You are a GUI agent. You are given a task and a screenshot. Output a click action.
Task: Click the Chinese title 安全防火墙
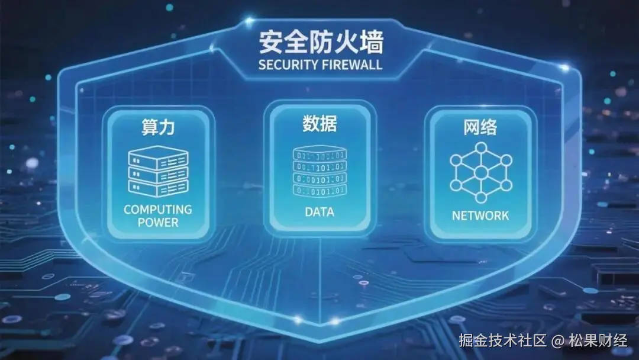click(x=321, y=43)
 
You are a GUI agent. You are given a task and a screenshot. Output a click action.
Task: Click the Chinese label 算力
click(x=158, y=127)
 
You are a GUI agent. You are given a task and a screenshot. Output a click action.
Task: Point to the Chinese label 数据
click(x=319, y=124)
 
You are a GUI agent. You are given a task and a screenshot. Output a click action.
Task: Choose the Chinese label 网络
click(x=480, y=127)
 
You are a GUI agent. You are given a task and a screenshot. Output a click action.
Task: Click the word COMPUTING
click(x=158, y=210)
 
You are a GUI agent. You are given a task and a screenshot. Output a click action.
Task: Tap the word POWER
click(x=158, y=223)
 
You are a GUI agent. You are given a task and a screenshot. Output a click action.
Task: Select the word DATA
click(x=319, y=212)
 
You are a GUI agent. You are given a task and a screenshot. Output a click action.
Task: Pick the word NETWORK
click(x=480, y=216)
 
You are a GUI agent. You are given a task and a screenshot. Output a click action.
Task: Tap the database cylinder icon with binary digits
click(x=319, y=172)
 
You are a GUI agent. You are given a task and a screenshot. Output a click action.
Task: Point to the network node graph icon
click(x=480, y=172)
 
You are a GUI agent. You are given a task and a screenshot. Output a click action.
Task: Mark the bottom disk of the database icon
click(x=319, y=191)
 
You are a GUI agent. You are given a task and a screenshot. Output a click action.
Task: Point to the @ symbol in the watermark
click(x=557, y=341)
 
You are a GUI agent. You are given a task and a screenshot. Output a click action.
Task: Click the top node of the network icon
click(x=481, y=147)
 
